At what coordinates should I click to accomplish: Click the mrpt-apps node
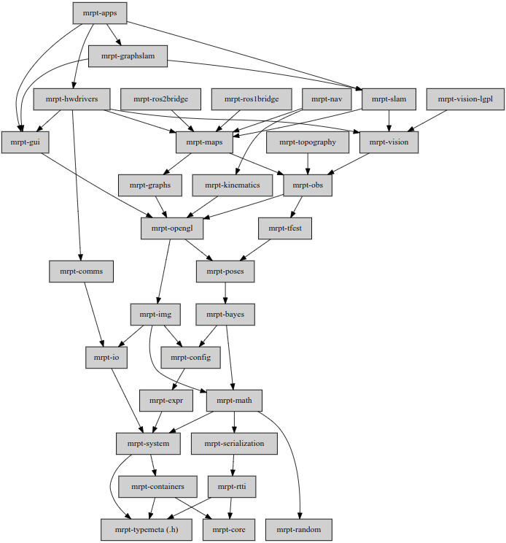100,12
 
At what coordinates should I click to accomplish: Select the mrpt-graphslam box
128,55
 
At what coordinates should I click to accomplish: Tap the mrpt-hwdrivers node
71,99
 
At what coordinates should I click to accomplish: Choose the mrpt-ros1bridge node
252,99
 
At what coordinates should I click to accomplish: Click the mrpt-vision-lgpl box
465,99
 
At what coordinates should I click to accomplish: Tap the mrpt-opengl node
171,228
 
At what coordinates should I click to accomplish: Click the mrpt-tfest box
285,228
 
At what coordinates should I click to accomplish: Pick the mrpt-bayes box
225,315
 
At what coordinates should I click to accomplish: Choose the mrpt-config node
190,357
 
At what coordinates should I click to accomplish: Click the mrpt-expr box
166,400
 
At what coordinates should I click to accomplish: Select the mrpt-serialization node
235,443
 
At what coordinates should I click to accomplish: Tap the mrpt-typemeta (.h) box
147,528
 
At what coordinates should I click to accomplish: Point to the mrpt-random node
300,528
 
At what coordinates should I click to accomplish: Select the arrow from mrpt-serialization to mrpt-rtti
233,465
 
